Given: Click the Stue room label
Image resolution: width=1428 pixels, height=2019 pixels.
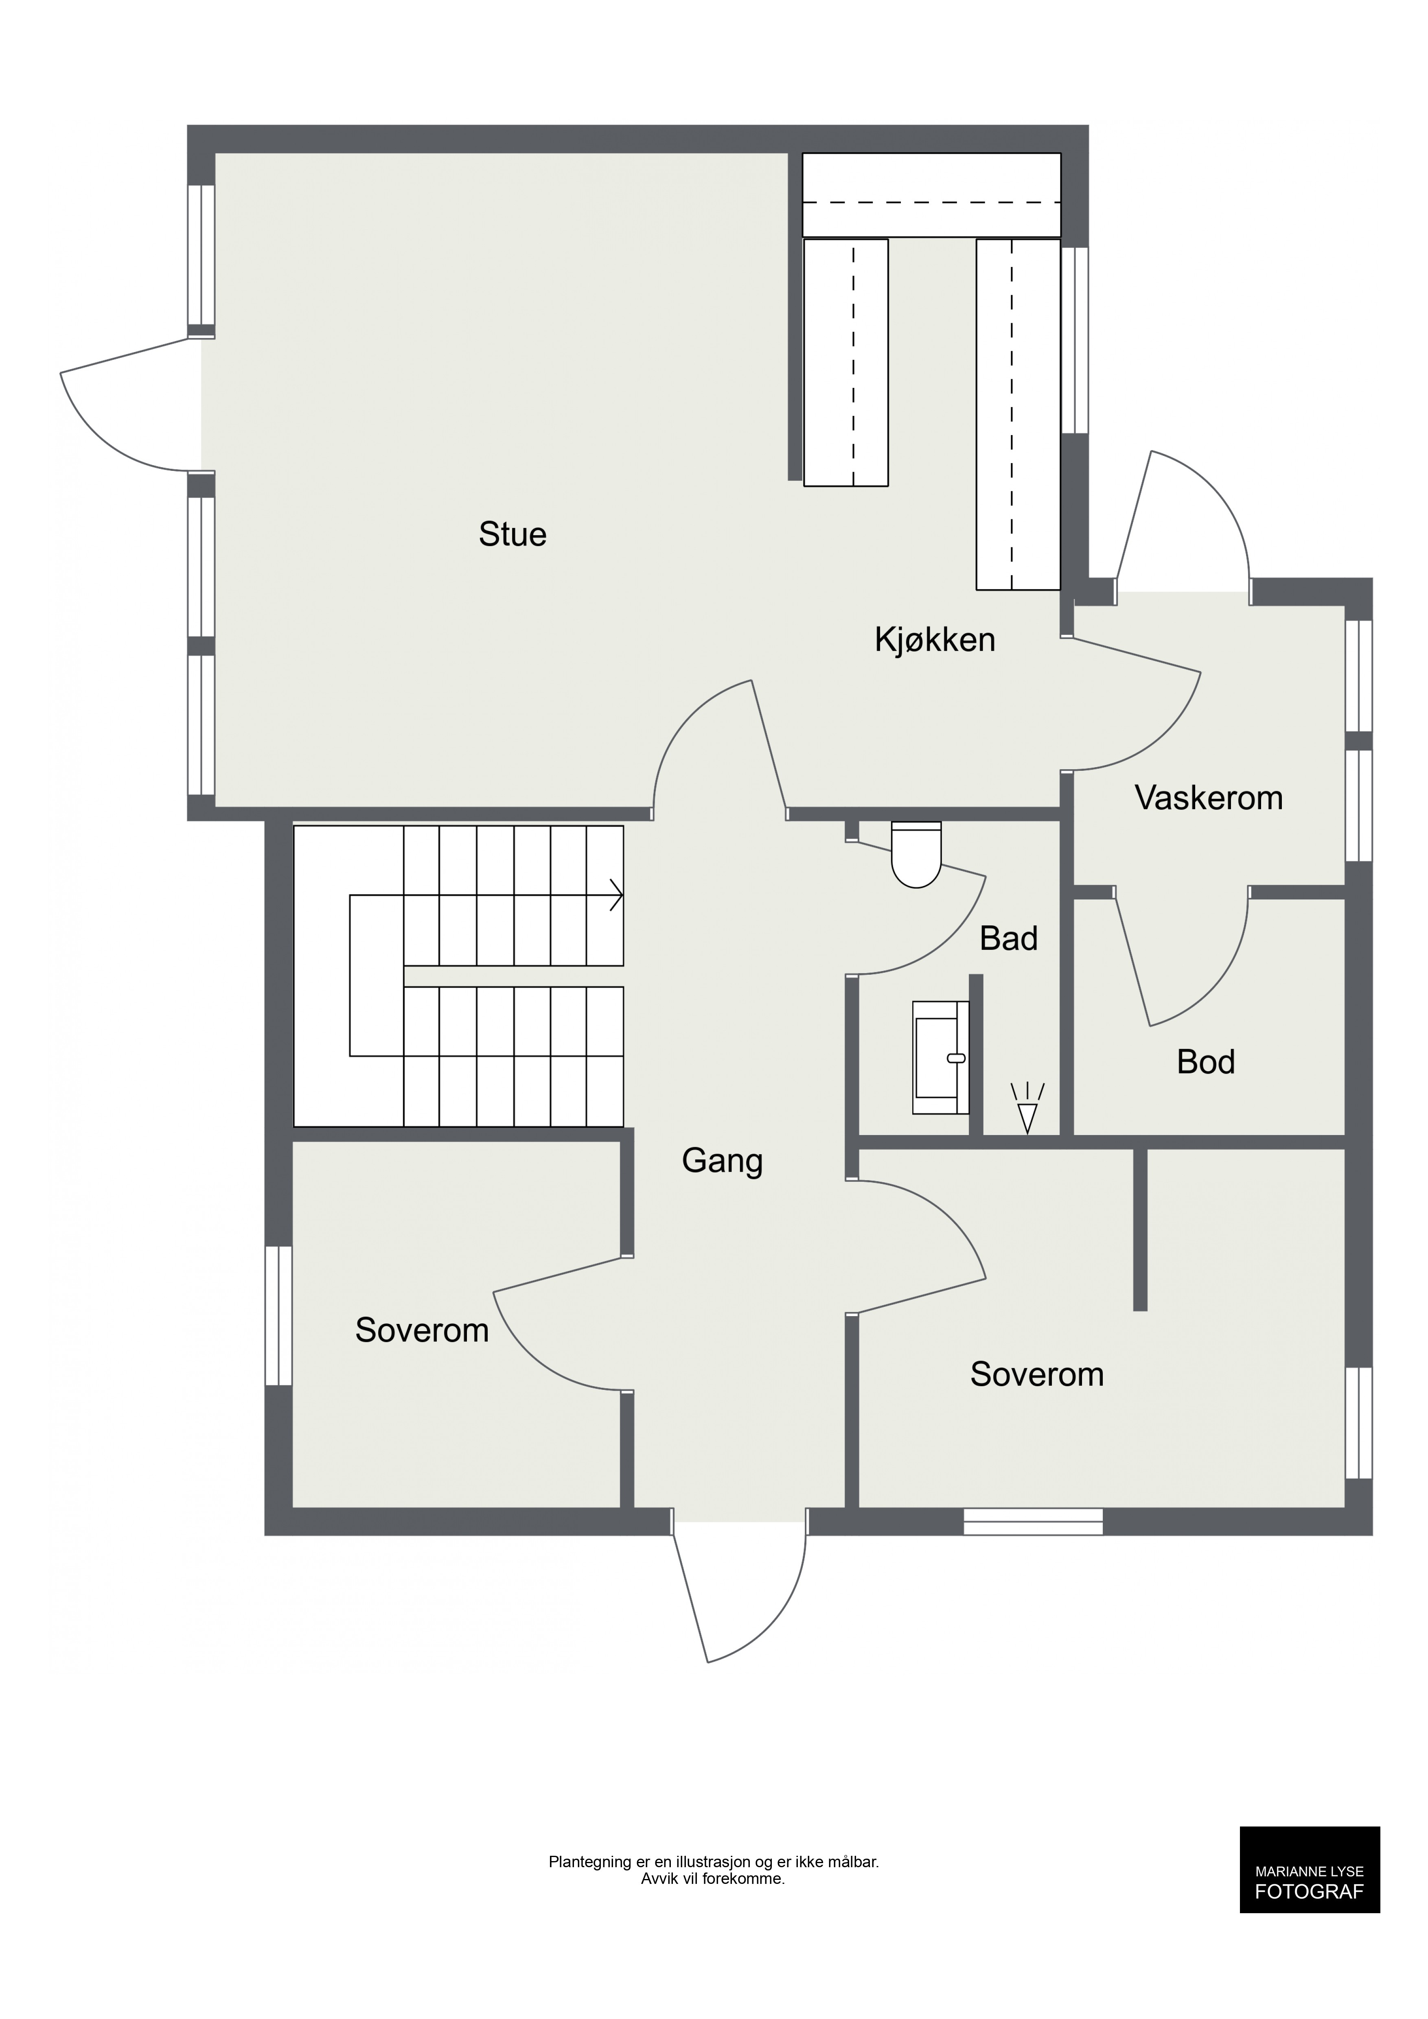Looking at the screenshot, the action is (513, 535).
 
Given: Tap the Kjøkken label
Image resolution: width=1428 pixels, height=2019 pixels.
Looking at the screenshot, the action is (935, 640).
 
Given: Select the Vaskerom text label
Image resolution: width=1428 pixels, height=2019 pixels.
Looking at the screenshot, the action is (1209, 798).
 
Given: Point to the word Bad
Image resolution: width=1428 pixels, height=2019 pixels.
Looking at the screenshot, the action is (1009, 939).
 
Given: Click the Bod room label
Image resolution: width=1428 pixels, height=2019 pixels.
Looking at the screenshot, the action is (1205, 1062).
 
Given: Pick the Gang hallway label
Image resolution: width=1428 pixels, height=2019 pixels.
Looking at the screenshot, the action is (722, 1162).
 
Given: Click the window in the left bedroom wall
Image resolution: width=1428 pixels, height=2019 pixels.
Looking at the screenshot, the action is (279, 1315).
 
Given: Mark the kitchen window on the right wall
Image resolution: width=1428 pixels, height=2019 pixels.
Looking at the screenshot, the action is (1075, 340).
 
